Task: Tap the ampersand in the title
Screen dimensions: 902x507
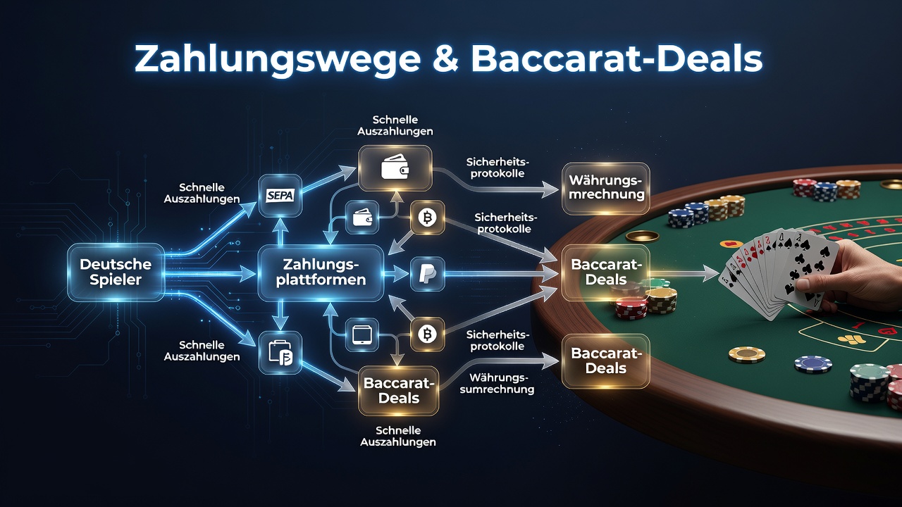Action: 446,57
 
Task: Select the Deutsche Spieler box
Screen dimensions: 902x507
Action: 116,272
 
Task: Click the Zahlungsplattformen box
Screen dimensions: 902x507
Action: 321,273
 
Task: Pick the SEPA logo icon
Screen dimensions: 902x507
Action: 280,196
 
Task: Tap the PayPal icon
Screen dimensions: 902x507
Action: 427,274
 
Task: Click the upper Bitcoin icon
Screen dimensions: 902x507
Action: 427,218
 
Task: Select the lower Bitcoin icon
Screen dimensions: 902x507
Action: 427,334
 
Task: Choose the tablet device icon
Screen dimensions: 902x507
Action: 362,334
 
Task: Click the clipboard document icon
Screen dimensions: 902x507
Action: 280,353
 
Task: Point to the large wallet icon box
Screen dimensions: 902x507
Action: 395,168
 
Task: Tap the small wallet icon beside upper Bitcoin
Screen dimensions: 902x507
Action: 362,218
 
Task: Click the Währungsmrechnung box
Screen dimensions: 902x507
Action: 605,187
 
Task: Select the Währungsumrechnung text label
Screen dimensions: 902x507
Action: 498,384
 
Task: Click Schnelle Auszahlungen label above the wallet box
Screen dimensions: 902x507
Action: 395,125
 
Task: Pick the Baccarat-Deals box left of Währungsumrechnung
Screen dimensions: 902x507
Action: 398,390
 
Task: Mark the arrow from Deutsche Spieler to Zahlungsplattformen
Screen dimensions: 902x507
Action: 209,275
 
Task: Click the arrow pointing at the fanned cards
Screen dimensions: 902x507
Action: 684,274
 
